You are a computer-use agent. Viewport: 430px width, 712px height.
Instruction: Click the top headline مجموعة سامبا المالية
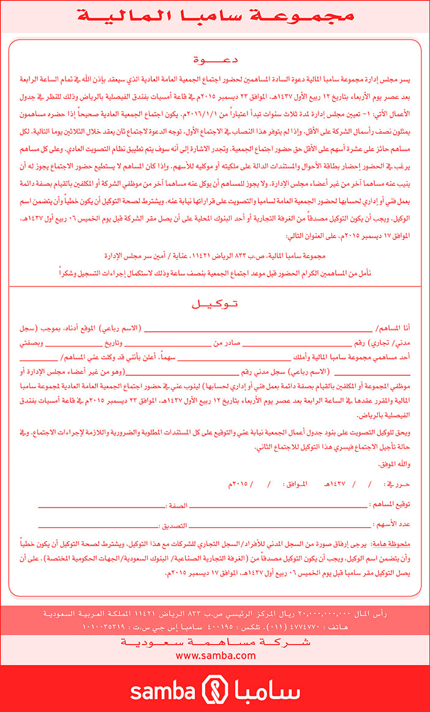pos(214,17)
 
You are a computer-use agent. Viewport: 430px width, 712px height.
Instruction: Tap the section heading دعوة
pos(214,59)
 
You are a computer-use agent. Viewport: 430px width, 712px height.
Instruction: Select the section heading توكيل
pos(214,304)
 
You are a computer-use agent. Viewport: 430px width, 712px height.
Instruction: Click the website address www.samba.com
pos(215,655)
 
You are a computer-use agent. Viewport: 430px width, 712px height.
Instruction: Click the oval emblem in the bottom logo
pos(215,690)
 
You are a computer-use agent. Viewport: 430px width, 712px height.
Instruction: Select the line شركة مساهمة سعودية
pos(215,642)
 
